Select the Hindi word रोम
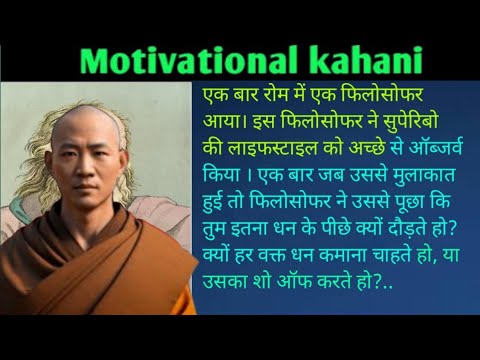[267, 100]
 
